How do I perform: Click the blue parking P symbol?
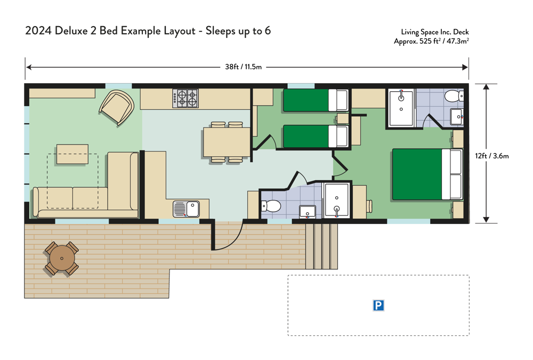[378, 306]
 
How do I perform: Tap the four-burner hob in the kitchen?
[185, 98]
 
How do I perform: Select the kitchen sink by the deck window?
[186, 209]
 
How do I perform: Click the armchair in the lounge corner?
[117, 107]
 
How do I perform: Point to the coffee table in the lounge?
[72, 154]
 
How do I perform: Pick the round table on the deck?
[62, 258]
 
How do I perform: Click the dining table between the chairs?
[227, 141]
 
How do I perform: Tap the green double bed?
[427, 174]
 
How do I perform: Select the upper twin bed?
[316, 100]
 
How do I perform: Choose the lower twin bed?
[316, 137]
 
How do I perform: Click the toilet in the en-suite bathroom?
[454, 95]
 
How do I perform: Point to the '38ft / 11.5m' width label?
[244, 67]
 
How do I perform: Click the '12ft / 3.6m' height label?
[492, 156]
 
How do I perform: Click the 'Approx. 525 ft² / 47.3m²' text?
[431, 41]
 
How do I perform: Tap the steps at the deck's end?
[321, 246]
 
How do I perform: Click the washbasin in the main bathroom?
[308, 212]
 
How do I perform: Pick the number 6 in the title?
[268, 30]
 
